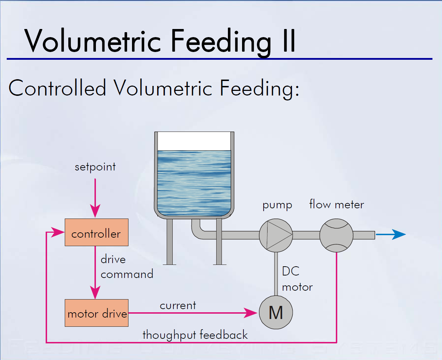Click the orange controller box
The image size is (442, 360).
pyautogui.click(x=96, y=232)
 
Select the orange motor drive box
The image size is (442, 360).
pyautogui.click(x=96, y=313)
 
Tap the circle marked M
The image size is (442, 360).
pyautogui.click(x=276, y=313)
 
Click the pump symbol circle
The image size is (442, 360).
pyautogui.click(x=276, y=235)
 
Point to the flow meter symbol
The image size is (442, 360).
pyautogui.click(x=336, y=235)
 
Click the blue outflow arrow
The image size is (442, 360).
pyautogui.click(x=391, y=234)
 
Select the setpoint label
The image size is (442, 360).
pyautogui.click(x=95, y=167)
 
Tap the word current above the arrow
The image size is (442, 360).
pyautogui.click(x=178, y=305)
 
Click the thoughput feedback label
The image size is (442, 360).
pyautogui.click(x=195, y=335)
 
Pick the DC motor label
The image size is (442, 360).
pyautogui.click(x=297, y=279)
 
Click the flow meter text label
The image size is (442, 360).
pyautogui.click(x=337, y=204)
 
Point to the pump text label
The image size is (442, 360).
pyautogui.click(x=277, y=205)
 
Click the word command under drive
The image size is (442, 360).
pyautogui.click(x=127, y=274)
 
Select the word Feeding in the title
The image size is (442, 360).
pyautogui.click(x=221, y=42)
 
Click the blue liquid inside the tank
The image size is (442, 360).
pyautogui.click(x=194, y=182)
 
